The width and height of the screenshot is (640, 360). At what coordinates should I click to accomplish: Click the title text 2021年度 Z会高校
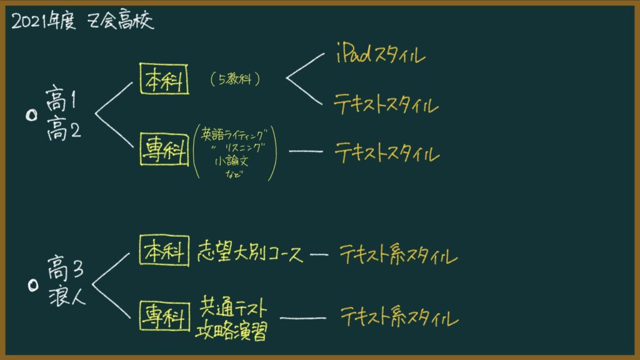83,21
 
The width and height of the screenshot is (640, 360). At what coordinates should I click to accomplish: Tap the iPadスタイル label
381,53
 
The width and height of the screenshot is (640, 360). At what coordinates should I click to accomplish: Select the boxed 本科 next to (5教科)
164,79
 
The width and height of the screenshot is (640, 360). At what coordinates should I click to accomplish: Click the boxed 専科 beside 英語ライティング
164,149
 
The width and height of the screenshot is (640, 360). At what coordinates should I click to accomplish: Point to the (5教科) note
235,79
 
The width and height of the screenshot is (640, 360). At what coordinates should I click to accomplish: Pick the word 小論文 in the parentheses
231,161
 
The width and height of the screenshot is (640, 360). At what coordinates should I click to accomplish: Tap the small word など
234,174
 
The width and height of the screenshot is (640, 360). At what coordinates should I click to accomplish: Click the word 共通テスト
233,307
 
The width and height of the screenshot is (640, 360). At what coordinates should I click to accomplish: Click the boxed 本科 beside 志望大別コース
164,251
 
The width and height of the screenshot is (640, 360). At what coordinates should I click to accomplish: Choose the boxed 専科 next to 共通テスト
164,316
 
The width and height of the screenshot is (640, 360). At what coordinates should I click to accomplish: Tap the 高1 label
61,98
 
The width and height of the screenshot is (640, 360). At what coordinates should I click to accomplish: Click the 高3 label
66,267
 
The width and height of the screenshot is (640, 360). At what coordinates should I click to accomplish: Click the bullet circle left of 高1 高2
31,116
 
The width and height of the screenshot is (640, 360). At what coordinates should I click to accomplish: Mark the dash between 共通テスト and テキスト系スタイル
303,318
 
